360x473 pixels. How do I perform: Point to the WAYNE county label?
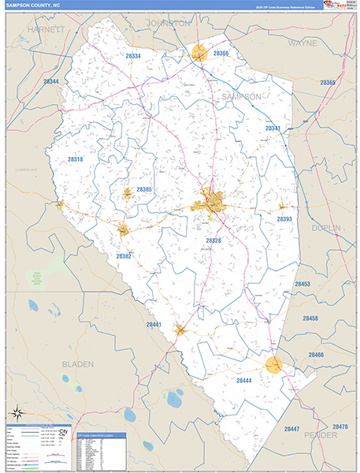(302, 44)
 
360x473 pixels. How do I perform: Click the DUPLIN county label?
(326, 228)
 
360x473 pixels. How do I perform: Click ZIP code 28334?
(133, 57)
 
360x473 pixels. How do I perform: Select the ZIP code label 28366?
(221, 54)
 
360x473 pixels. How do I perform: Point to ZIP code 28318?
(76, 159)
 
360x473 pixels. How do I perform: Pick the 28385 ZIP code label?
(144, 189)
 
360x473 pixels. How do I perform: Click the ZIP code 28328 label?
(214, 240)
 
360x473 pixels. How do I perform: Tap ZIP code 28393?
(284, 219)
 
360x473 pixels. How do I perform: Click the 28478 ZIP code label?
(340, 426)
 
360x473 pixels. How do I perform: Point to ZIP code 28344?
(51, 81)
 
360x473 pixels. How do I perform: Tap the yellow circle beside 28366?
(199, 54)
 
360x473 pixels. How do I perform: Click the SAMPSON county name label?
(241, 96)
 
